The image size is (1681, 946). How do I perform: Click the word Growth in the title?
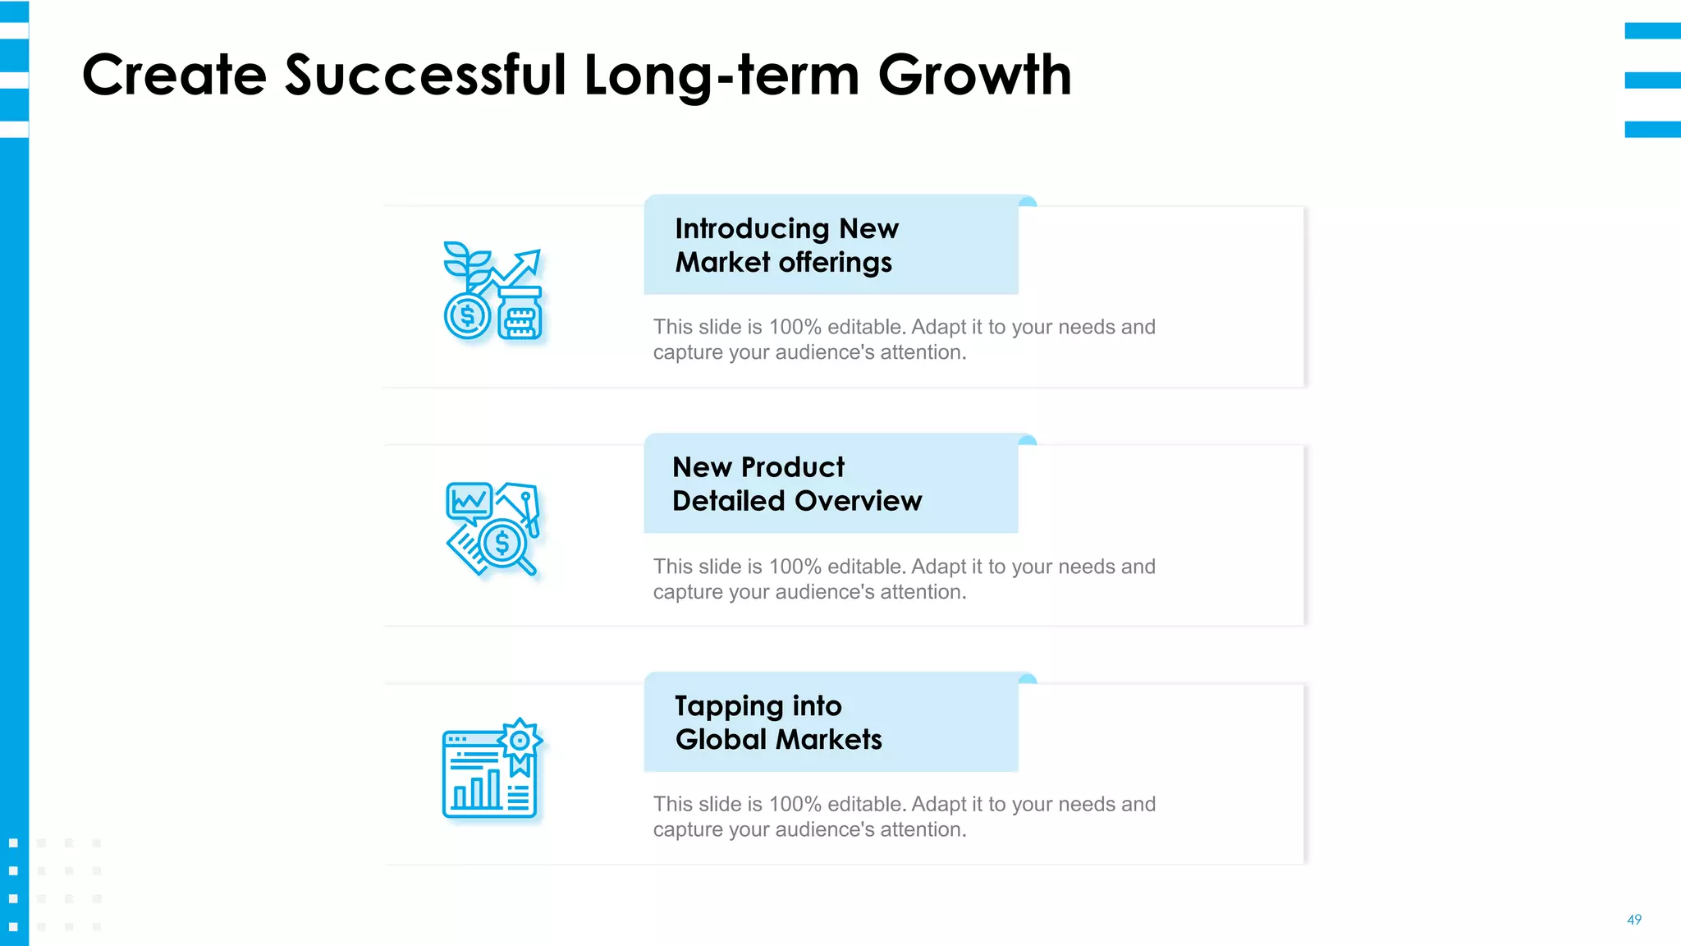tap(974, 76)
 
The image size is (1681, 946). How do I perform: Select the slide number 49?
tap(1633, 920)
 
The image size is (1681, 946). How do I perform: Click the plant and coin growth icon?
tap(492, 292)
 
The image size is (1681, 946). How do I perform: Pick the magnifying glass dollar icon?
tap(493, 530)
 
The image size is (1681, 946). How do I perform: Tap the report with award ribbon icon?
tap(492, 769)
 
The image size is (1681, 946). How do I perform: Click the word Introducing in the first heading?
tap(752, 228)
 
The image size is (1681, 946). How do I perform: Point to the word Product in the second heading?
tap(792, 467)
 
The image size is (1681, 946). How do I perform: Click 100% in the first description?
tap(795, 327)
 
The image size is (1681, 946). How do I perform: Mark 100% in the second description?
tap(795, 567)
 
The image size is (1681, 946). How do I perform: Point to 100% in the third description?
tap(795, 804)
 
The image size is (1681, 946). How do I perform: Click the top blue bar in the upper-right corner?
tap(1652, 31)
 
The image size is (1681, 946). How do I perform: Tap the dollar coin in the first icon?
tap(467, 315)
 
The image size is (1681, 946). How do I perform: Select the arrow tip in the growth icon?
tap(533, 257)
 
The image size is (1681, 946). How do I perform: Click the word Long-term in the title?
tap(721, 76)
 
